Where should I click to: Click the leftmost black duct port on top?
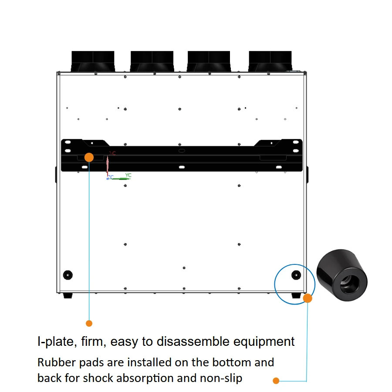93,61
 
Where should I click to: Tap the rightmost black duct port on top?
270,61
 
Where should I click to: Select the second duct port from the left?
152,61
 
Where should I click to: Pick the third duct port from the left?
209,61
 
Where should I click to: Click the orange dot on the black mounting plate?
89,157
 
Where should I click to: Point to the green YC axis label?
128,175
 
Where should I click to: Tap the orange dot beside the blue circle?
308,298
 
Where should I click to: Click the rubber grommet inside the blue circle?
296,275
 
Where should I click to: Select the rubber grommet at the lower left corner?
68,275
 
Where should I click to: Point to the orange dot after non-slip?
276,381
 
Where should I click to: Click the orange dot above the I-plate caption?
89,323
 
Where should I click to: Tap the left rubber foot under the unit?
68,296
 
